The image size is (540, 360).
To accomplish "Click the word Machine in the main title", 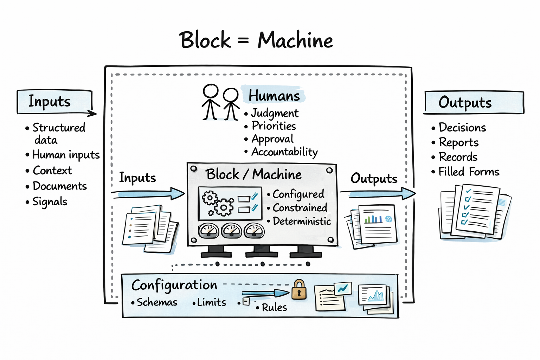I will [x=295, y=40].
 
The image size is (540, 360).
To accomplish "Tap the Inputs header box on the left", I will [x=54, y=102].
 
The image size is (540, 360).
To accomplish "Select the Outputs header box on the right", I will [x=473, y=103].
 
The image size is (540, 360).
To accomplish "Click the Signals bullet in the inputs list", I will [x=50, y=202].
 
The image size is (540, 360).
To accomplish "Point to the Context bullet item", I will [x=52, y=171].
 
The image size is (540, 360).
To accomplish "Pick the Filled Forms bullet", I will [x=469, y=172].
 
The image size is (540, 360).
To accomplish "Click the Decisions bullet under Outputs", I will [x=462, y=127].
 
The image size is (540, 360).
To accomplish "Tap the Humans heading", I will [x=274, y=96].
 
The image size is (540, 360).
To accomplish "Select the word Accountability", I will [x=284, y=152].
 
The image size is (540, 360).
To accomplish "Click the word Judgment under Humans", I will [x=275, y=113].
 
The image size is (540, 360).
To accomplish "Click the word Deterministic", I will [x=302, y=221].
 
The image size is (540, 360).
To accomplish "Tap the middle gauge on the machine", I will [x=231, y=230].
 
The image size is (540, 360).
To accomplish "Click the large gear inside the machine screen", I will [x=224, y=207].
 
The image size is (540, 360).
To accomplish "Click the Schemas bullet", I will [x=157, y=302].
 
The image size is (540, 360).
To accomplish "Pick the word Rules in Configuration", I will [x=274, y=308].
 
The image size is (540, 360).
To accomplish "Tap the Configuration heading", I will [x=174, y=285].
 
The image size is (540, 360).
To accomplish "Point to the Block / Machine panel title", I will [x=253, y=174].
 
